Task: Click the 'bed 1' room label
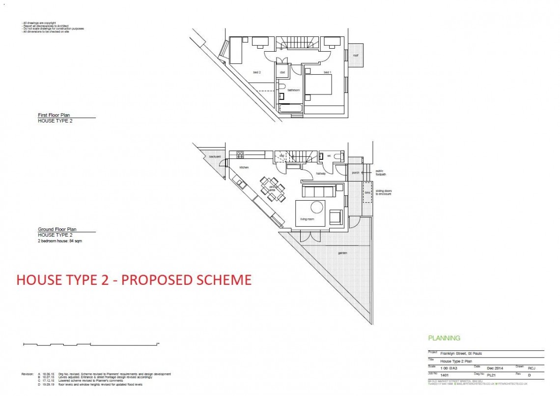[x=327, y=73]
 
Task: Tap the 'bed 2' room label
[x=256, y=72]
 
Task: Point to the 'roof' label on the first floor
[x=355, y=55]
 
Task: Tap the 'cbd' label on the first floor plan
[x=282, y=72]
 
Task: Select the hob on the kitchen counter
[x=240, y=154]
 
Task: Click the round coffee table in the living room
[x=317, y=207]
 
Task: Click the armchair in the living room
[x=336, y=217]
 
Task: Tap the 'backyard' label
[x=215, y=156]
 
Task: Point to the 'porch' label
[x=356, y=173]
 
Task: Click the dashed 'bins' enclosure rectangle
[x=367, y=192]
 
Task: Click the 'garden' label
[x=342, y=253]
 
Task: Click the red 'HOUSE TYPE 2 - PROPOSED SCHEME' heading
[x=134, y=279]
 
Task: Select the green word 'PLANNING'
[x=444, y=338]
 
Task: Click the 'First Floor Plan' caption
[x=54, y=115]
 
